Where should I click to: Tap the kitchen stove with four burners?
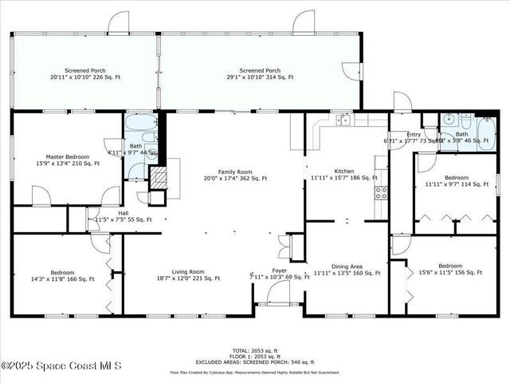click(381, 192)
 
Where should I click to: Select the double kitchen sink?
click(344, 120)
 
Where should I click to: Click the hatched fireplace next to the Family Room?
click(159, 176)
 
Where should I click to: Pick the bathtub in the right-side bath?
click(484, 128)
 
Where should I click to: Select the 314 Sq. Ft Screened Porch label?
click(260, 74)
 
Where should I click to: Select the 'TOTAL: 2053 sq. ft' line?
click(255, 350)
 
